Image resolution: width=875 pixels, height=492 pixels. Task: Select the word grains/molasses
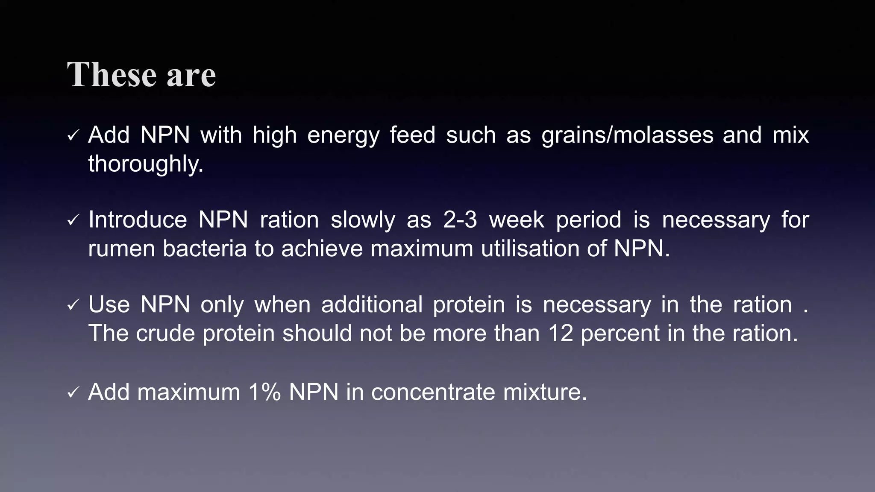[x=627, y=135]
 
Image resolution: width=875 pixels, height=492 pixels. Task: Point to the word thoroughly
[x=145, y=164]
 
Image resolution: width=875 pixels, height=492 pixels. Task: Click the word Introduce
[x=138, y=220]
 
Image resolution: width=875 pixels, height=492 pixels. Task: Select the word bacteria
[x=205, y=249]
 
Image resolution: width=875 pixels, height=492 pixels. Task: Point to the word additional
[x=372, y=305]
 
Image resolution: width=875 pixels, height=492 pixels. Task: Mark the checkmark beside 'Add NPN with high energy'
[x=73, y=136]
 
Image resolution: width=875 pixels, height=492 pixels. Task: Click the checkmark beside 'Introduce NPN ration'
[x=73, y=221]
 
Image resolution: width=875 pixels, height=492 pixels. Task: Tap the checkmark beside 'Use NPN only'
[x=73, y=306]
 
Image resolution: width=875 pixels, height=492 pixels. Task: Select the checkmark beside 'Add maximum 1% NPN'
[x=73, y=393]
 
